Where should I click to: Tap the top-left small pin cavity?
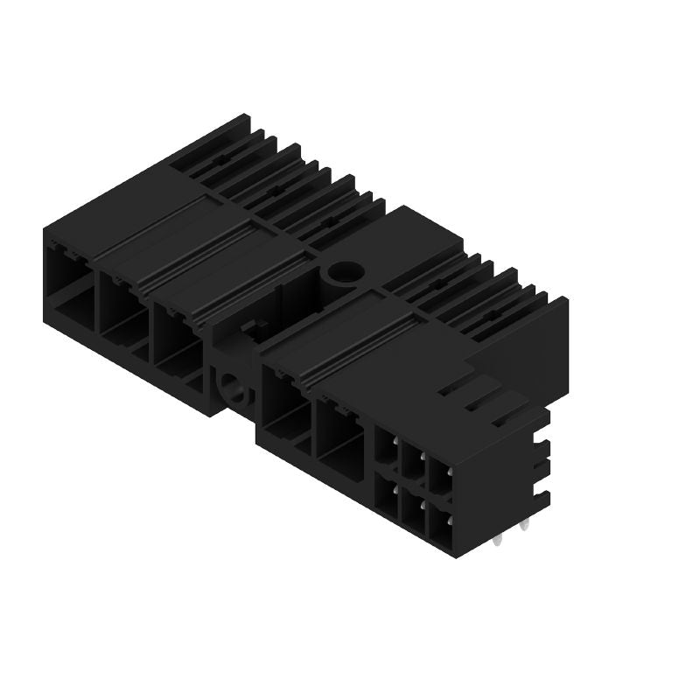pyautogui.click(x=386, y=445)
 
